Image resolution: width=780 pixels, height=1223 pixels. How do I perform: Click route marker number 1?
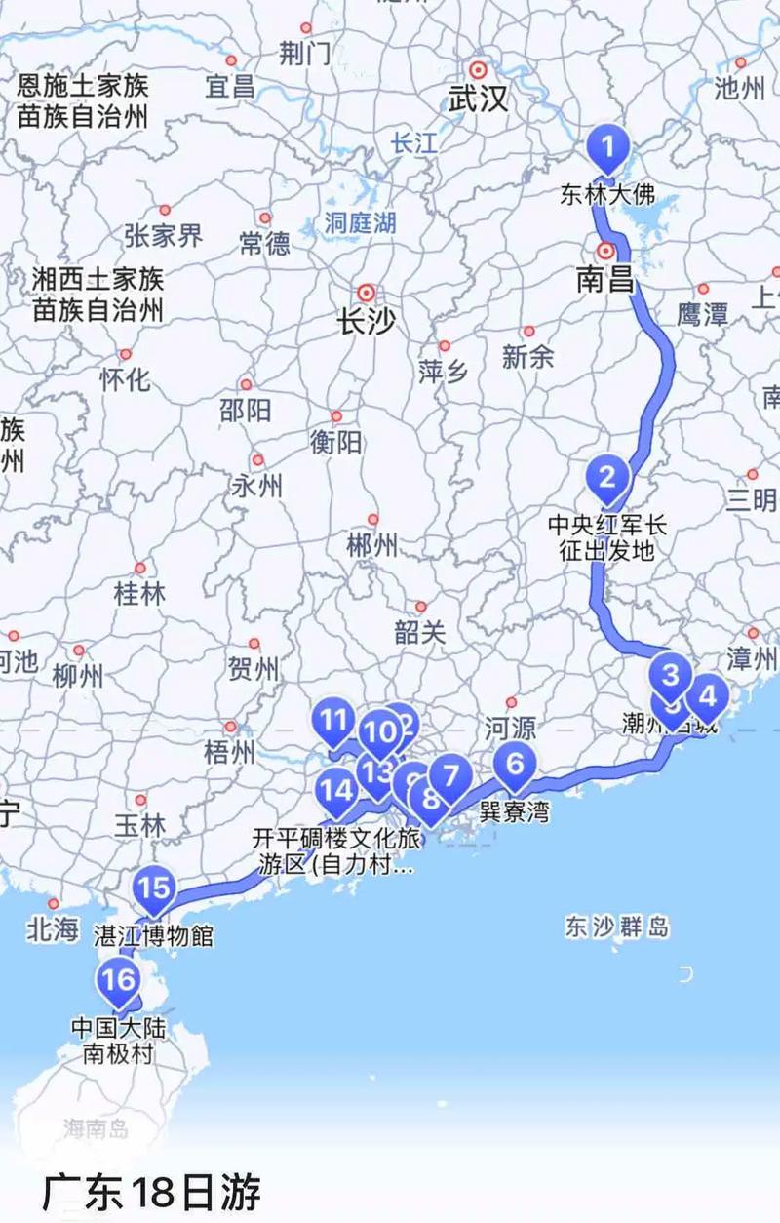tap(607, 149)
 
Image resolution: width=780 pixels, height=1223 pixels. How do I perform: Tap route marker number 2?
tap(607, 478)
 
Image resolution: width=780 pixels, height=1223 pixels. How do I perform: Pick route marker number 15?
tap(153, 888)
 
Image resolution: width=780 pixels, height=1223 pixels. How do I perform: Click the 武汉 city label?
tap(478, 98)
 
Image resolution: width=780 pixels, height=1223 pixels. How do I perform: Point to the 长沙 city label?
tap(367, 323)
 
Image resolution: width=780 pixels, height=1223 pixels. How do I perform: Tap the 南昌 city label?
tap(604, 281)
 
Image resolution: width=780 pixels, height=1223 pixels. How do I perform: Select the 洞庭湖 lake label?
tap(361, 222)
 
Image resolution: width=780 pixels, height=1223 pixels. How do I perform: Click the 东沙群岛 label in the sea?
tap(616, 926)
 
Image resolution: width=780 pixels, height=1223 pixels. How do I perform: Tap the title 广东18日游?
tap(151, 1192)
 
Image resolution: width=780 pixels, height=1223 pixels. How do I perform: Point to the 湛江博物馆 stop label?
tap(153, 936)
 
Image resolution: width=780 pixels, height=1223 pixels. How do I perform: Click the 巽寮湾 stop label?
tap(514, 811)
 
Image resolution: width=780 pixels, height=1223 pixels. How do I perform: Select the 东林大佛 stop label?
tap(607, 194)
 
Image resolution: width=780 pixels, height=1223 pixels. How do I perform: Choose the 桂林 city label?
tap(140, 593)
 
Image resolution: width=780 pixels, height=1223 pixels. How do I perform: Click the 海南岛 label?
tap(96, 1129)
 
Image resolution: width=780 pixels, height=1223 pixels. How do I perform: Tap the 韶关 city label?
tap(420, 632)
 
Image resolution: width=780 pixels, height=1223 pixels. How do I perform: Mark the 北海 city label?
tap(53, 930)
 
